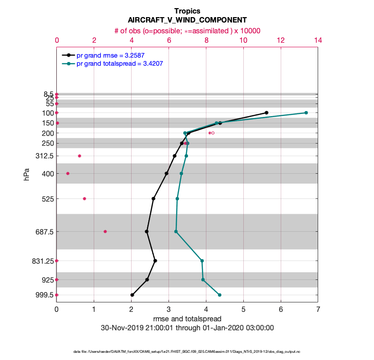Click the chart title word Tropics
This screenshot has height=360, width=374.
pos(187,11)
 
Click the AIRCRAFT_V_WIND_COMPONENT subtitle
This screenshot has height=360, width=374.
pos(187,20)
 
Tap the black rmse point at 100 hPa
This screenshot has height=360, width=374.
pos(267,112)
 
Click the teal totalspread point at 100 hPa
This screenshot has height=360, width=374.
pos(306,112)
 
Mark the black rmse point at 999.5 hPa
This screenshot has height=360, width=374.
pos(132,295)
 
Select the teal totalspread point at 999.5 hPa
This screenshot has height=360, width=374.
pos(219,295)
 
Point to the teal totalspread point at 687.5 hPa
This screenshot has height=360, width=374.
pos(176,231)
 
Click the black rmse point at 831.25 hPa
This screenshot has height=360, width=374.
pos(155,261)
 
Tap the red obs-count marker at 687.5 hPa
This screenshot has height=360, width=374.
pos(105,231)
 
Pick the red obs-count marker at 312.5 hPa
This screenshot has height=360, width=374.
pos(79,156)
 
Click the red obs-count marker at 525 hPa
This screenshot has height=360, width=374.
pos(84,198)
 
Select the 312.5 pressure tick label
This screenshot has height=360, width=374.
pos(44,156)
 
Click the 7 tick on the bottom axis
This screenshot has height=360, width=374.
pos(318,310)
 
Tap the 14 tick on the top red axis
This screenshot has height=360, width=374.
pos(318,40)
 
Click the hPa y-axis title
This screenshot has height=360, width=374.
pos(27,174)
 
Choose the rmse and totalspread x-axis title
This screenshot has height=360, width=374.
pos(187,319)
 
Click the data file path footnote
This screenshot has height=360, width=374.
pos(187,351)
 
